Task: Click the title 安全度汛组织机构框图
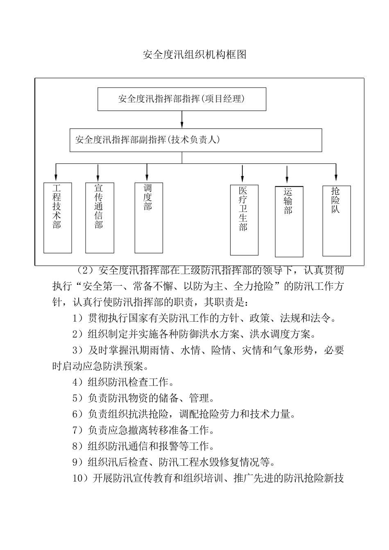point(194,55)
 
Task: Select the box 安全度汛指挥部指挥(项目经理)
point(181,99)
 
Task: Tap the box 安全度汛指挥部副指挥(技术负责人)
point(195,140)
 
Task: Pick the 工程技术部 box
point(58,217)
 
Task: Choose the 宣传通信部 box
point(100,217)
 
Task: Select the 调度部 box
point(149,217)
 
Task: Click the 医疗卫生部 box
point(244,220)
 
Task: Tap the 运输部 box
point(289,221)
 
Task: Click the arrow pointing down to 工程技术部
point(56,173)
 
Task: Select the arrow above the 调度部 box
point(147,172)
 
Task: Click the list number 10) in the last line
point(80,478)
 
